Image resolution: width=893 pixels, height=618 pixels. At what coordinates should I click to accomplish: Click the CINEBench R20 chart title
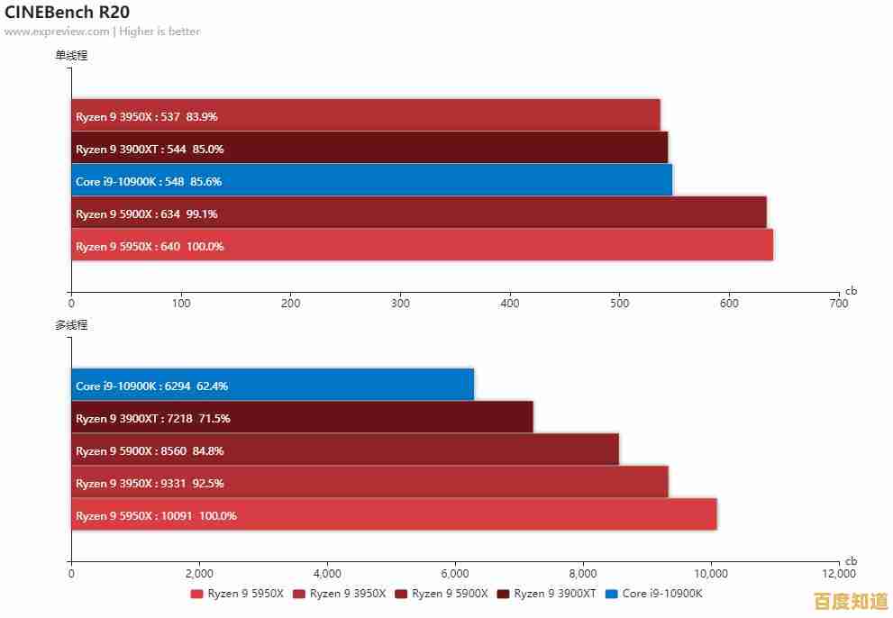pyautogui.click(x=67, y=13)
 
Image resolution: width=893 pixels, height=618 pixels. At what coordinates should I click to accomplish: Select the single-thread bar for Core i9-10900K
pyautogui.click(x=371, y=181)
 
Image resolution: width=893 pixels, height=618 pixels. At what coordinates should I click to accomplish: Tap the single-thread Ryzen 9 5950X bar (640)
pyautogui.click(x=422, y=246)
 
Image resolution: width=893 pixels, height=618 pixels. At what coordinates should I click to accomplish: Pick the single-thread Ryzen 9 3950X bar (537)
pyautogui.click(x=365, y=116)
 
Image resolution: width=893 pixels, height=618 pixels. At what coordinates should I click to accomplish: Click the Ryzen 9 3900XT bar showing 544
pyautogui.click(x=369, y=149)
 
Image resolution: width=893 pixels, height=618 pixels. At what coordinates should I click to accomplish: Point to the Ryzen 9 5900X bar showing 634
pyautogui.click(x=418, y=214)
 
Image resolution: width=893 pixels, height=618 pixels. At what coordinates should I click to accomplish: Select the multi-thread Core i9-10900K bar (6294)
pyautogui.click(x=272, y=386)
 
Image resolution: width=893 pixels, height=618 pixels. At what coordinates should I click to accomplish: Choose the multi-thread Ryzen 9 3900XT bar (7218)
pyautogui.click(x=302, y=418)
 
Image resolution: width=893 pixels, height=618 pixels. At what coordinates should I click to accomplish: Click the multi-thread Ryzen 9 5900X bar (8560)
pyautogui.click(x=344, y=450)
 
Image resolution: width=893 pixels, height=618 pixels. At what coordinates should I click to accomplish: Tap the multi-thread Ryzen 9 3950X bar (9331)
pyautogui.click(x=369, y=483)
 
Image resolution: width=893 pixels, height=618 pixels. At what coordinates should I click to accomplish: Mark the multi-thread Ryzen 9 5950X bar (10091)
pyautogui.click(x=394, y=515)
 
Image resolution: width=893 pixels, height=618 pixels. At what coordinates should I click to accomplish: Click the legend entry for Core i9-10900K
pyautogui.click(x=654, y=594)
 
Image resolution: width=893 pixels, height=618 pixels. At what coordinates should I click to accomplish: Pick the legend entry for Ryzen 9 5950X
pyautogui.click(x=237, y=594)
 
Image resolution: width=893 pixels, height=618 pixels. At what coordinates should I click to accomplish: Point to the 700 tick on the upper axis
pyautogui.click(x=838, y=304)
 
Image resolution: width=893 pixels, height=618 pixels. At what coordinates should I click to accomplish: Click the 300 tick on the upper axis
pyautogui.click(x=400, y=304)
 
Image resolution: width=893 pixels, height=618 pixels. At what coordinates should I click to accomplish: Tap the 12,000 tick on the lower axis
pyautogui.click(x=839, y=573)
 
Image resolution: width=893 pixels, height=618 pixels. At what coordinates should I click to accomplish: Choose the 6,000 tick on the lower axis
pyautogui.click(x=455, y=573)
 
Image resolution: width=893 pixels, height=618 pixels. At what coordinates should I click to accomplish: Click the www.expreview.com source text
pyautogui.click(x=57, y=32)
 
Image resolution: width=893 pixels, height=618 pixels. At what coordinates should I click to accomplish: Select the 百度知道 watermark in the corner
pyautogui.click(x=851, y=601)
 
